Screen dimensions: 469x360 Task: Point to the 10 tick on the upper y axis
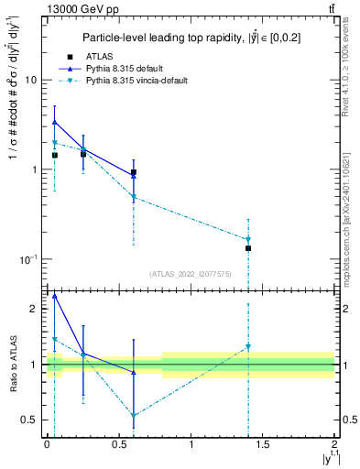30,80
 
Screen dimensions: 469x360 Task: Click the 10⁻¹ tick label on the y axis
27,259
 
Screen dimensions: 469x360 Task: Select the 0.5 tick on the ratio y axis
31,420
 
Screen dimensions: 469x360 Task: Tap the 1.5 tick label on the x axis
263,445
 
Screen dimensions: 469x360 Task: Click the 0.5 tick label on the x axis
119,445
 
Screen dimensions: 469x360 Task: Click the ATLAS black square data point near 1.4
248,248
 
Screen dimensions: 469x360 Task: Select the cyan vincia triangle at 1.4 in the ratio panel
248,346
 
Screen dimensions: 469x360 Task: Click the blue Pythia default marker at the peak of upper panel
55,122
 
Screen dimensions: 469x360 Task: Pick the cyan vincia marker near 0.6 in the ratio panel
134,415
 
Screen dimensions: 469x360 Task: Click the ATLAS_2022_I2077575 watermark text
189,273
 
